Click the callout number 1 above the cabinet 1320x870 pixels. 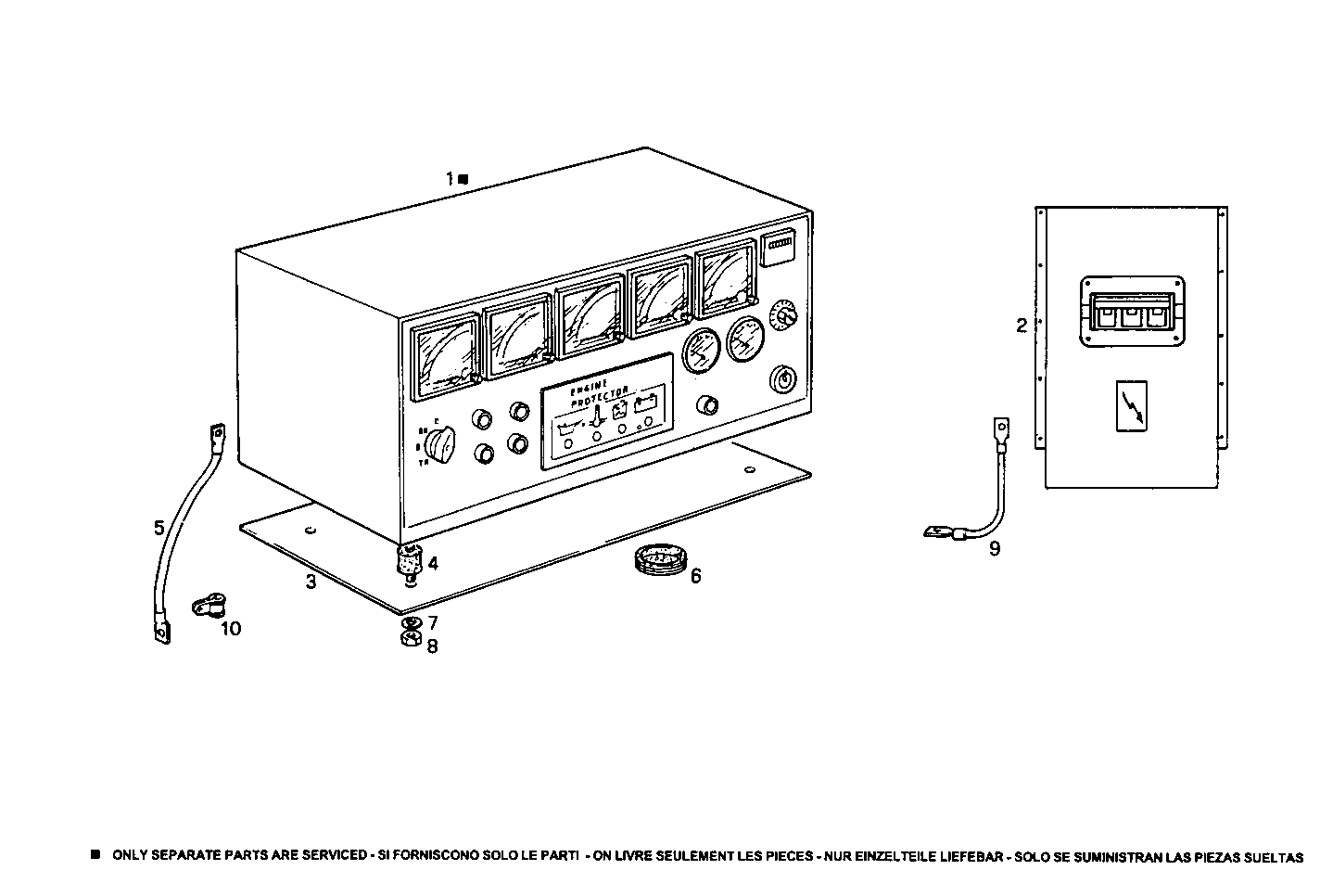450,178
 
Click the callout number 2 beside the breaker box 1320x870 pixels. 1022,326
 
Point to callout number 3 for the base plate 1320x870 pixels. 311,582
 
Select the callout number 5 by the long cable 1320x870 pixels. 159,529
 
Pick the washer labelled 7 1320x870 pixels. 411,621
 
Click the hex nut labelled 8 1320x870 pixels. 409,639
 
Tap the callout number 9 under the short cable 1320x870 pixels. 995,549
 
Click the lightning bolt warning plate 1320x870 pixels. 1130,406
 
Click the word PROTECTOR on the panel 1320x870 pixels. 602,397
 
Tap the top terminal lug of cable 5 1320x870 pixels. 219,432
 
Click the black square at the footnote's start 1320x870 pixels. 95,853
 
